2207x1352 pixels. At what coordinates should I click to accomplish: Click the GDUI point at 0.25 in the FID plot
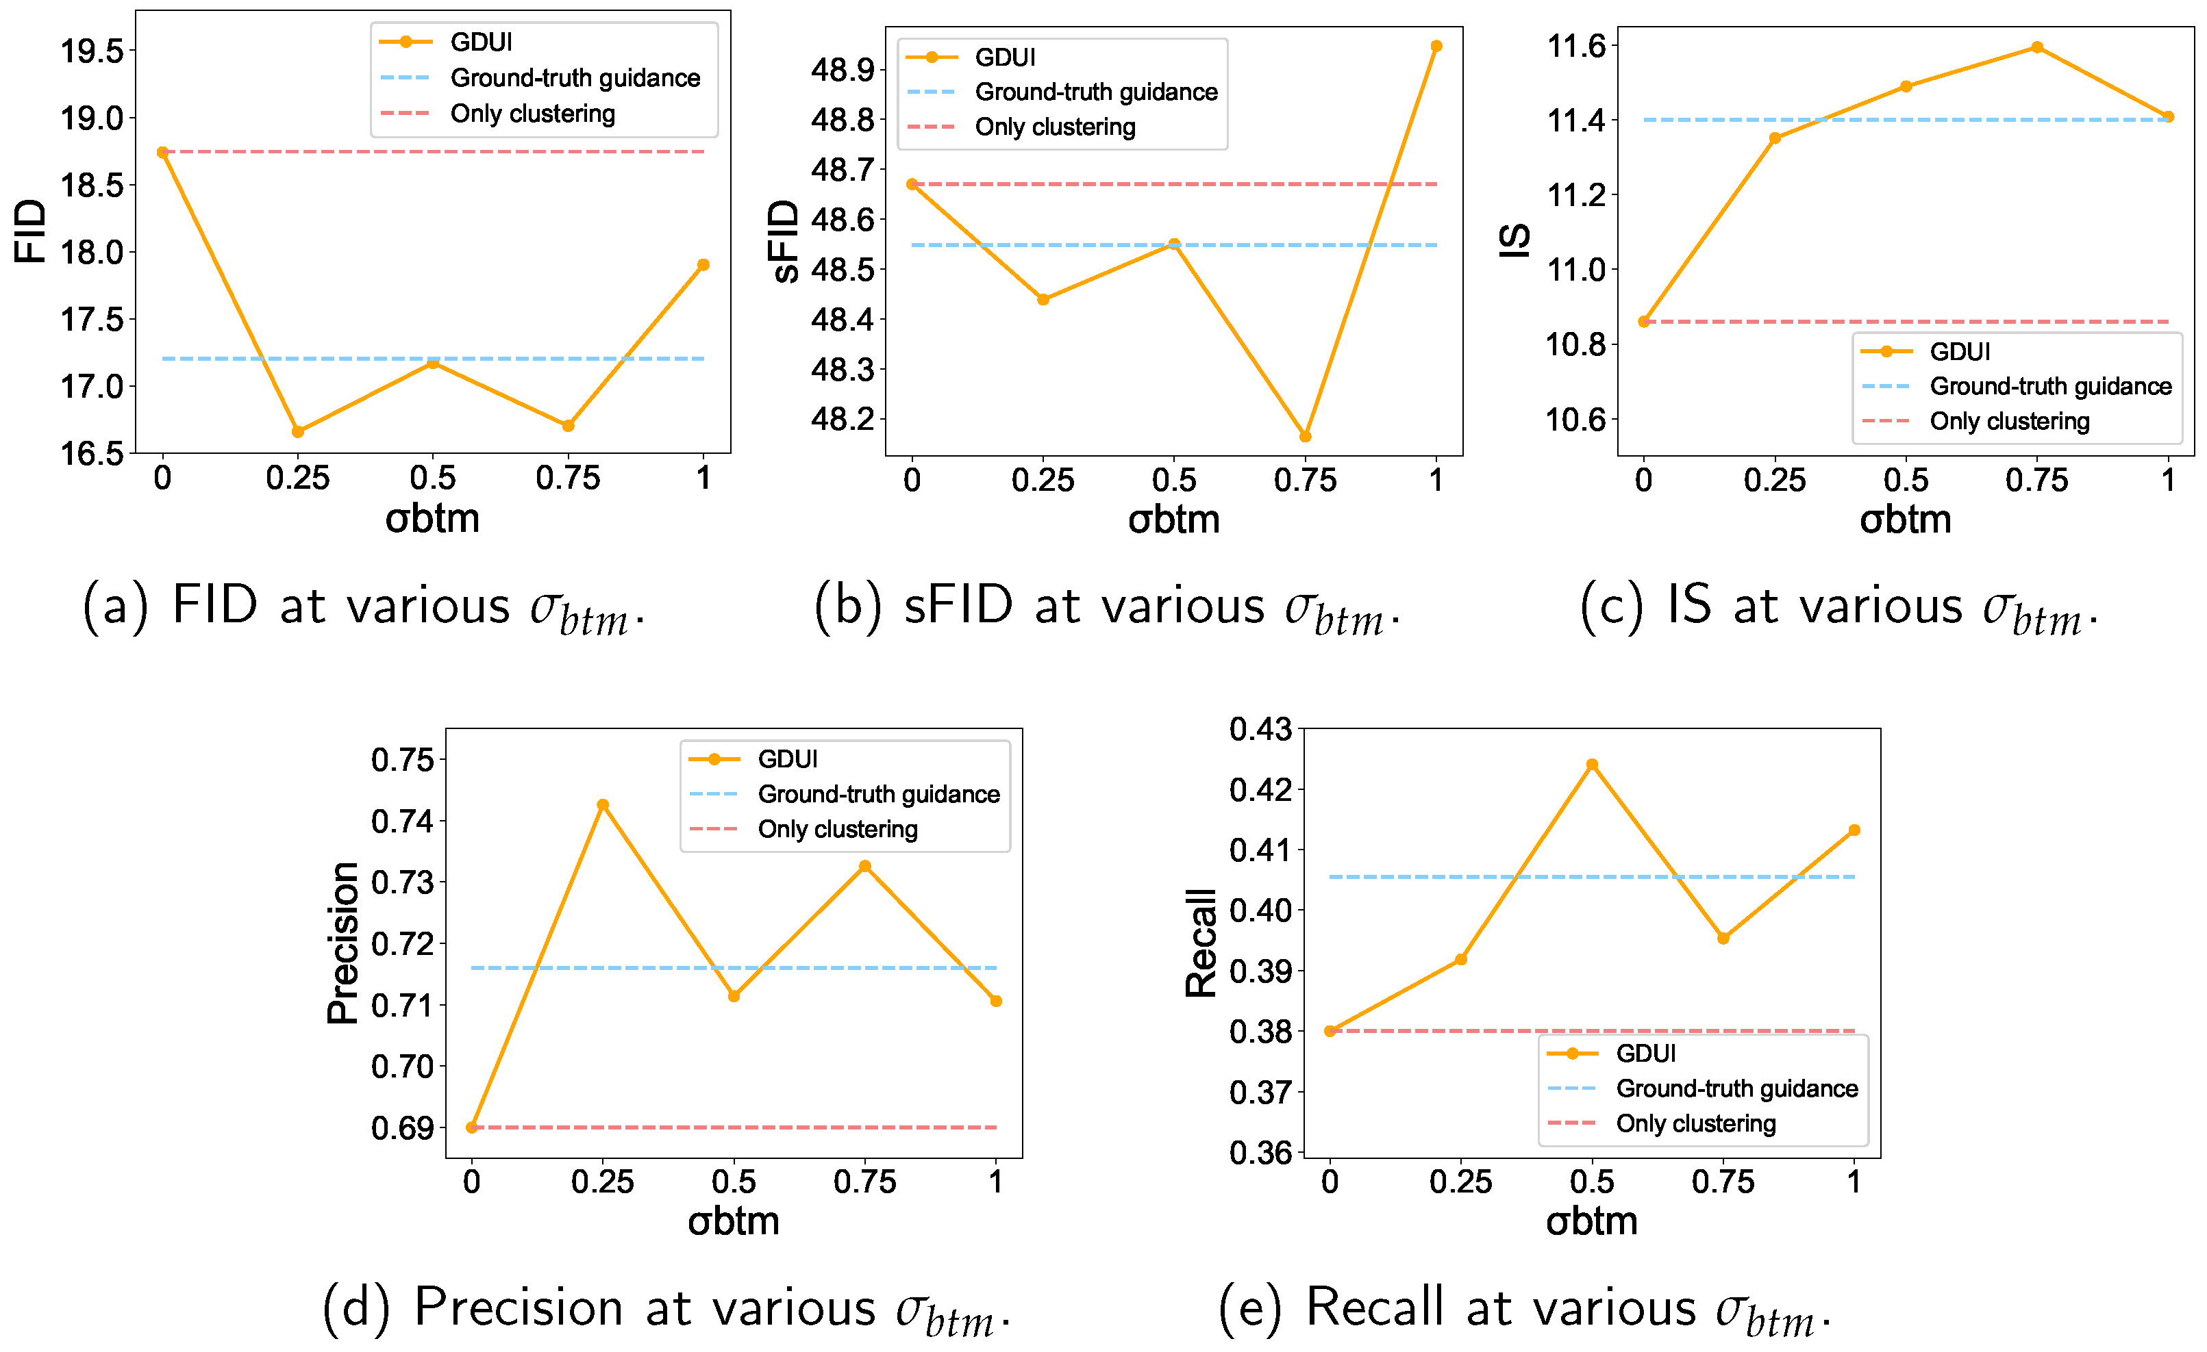[297, 431]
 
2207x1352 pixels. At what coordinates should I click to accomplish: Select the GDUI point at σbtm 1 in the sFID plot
[1436, 47]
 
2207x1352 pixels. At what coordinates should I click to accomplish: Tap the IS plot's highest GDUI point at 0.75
[2037, 47]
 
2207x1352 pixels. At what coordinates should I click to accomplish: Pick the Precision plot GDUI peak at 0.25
[603, 805]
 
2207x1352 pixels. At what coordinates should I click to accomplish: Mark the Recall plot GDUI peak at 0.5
[1592, 765]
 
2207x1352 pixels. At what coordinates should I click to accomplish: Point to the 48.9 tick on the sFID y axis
[842, 70]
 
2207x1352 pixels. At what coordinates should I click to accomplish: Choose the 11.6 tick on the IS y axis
[1576, 46]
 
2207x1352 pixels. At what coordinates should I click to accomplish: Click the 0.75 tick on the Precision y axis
[402, 760]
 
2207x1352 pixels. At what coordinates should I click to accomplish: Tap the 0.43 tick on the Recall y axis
[1260, 730]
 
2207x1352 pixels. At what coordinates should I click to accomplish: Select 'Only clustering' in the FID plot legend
[532, 114]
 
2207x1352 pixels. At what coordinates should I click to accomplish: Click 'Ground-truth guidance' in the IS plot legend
[2050, 386]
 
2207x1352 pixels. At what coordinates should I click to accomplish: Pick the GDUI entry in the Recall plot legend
[1645, 1053]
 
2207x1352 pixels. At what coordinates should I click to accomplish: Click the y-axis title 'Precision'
[342, 943]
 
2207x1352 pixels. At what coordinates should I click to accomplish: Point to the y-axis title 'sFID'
[784, 241]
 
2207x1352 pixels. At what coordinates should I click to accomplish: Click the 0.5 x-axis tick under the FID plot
[433, 478]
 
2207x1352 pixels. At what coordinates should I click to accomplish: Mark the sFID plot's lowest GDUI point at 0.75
[1305, 437]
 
